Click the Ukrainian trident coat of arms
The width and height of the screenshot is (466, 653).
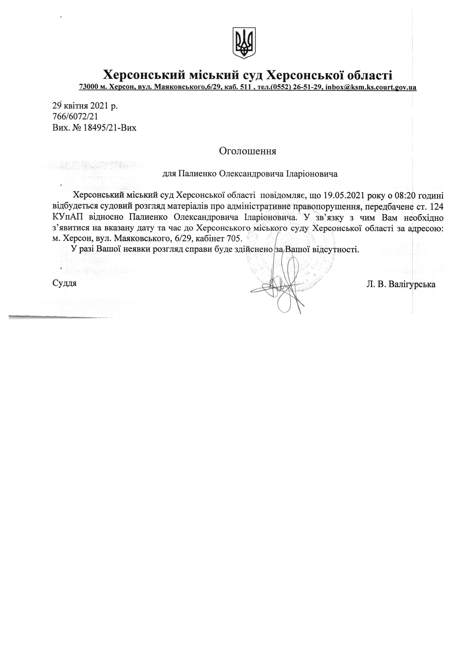(244, 43)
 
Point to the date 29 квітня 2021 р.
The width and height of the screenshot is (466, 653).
(85, 106)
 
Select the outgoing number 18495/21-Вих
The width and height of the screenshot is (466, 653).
(110, 128)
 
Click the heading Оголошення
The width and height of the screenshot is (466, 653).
(247, 151)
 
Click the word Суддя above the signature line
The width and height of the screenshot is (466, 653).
(65, 283)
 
